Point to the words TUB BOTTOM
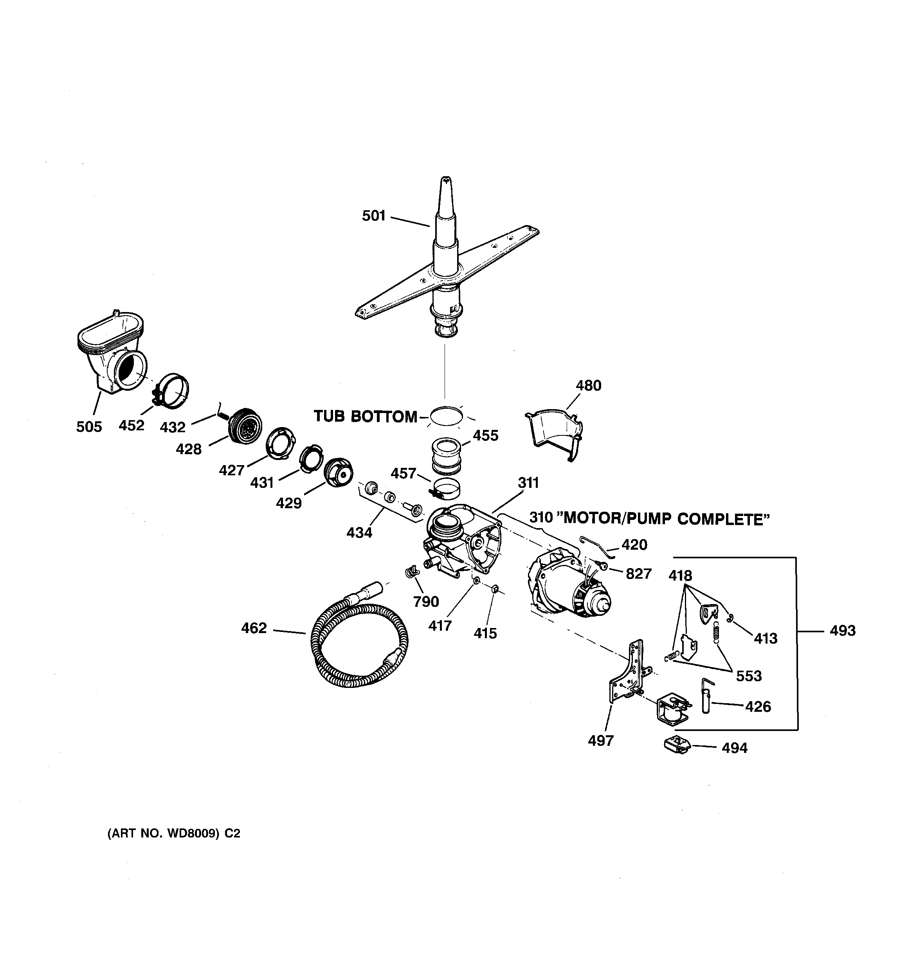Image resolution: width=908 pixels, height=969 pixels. point(366,416)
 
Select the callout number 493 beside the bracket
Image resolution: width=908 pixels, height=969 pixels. point(842,631)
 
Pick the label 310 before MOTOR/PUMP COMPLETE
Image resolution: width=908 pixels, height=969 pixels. point(540,518)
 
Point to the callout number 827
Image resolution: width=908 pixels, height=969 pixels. point(638,574)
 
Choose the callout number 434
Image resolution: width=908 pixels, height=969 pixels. point(359,533)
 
